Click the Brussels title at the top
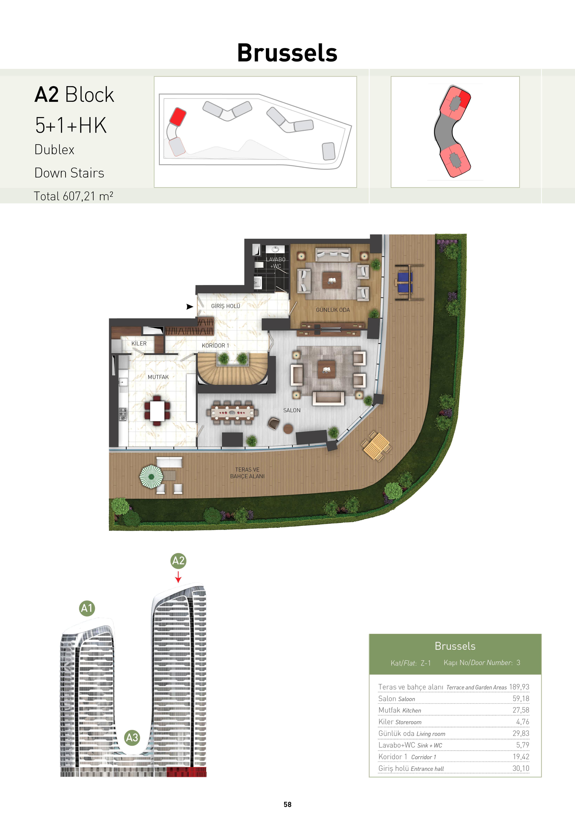click(x=287, y=53)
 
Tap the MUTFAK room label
click(x=158, y=377)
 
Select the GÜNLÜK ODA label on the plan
click(x=333, y=310)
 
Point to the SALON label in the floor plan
click(x=292, y=410)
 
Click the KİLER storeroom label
click(x=139, y=343)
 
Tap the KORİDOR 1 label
click(x=215, y=345)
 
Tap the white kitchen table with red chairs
click(x=157, y=411)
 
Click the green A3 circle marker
click(x=132, y=737)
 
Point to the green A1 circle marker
click(x=87, y=608)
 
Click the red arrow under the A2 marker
click(x=178, y=577)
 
